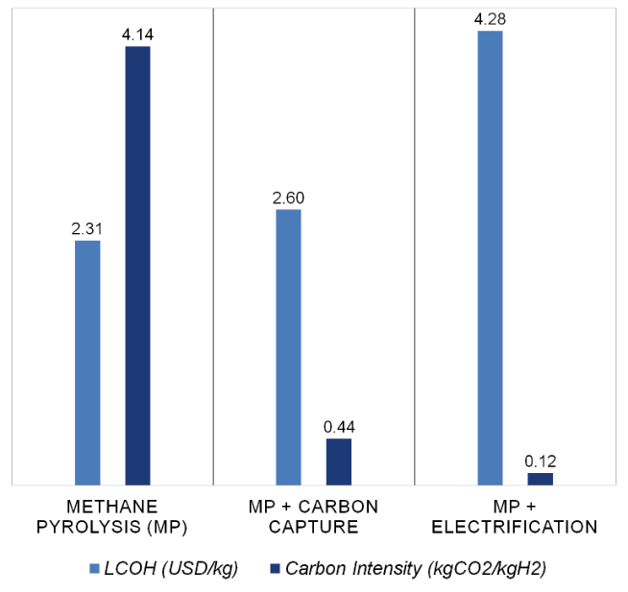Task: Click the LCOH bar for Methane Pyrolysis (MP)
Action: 87,363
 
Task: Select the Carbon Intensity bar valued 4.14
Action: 138,265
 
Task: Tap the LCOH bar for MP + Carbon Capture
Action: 288,346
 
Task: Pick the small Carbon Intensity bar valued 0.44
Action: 339,462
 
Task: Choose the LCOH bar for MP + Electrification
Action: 490,257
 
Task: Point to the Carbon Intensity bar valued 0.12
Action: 541,479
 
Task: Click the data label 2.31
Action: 87,229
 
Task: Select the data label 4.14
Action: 138,35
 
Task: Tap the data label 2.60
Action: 288,198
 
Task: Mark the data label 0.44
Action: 339,427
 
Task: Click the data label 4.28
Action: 490,19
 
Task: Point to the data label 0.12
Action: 541,462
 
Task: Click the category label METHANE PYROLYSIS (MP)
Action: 112,516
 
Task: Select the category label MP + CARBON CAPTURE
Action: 314,516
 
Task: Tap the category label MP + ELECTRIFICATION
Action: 515,516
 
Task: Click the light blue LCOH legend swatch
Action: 92,568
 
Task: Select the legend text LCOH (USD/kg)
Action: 170,568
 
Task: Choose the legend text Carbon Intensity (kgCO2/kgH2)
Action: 415,568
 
